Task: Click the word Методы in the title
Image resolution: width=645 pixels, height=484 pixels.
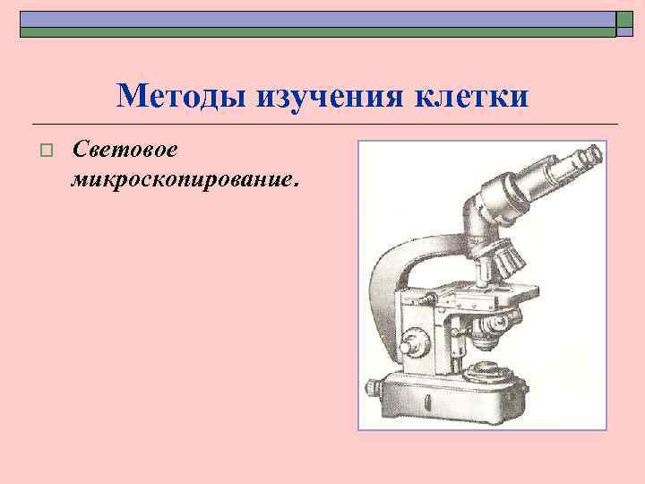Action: pos(183,95)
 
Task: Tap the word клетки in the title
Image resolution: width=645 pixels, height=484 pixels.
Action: pos(472,95)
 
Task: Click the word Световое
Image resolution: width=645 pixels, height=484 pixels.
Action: pos(128,146)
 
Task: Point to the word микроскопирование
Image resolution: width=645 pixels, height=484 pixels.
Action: pos(178,178)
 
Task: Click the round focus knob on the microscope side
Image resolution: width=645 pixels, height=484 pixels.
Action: pos(415,343)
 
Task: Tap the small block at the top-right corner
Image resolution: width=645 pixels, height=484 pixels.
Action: pos(625,23)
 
